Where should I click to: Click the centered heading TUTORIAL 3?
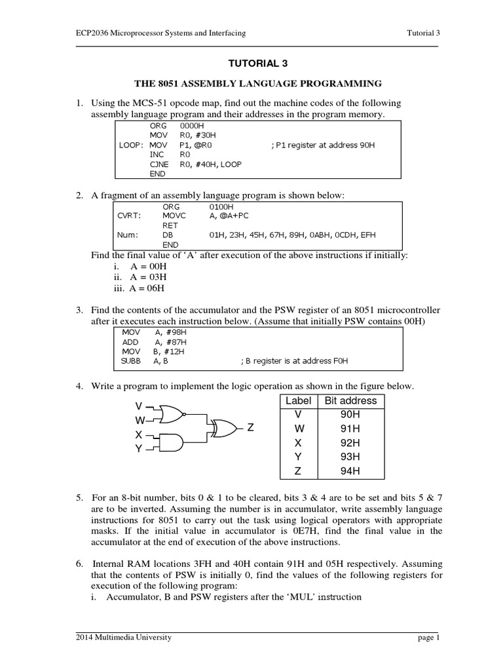[x=257, y=64]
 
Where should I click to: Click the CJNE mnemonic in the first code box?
[x=160, y=164]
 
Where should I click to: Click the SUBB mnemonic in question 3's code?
[x=131, y=360]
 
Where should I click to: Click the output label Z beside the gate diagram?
[x=250, y=428]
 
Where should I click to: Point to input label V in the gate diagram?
[x=139, y=406]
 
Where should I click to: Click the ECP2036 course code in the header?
[x=92, y=33]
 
